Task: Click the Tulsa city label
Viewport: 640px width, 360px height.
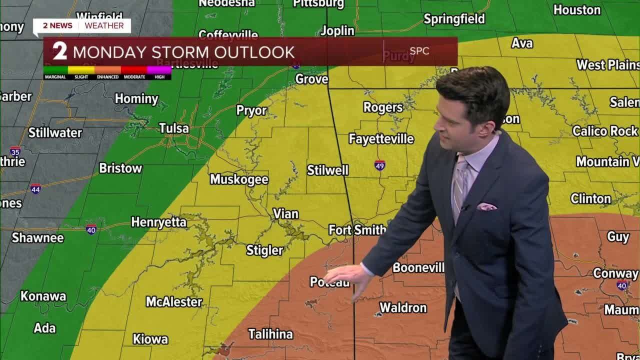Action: pyautogui.click(x=174, y=128)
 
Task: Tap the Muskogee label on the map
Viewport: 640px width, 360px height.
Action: pyautogui.click(x=239, y=179)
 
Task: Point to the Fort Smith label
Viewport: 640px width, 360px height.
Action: pyautogui.click(x=357, y=230)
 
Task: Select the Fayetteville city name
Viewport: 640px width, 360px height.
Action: pyautogui.click(x=381, y=139)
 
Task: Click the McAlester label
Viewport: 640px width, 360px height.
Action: pyautogui.click(x=174, y=302)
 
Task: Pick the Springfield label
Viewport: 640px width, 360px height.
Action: pyautogui.click(x=454, y=19)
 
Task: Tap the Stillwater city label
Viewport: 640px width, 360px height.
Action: pyautogui.click(x=55, y=133)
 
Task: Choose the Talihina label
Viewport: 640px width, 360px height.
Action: pyautogui.click(x=270, y=334)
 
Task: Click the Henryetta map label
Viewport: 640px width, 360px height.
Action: pyautogui.click(x=158, y=222)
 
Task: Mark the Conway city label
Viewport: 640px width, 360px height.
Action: pyautogui.click(x=615, y=273)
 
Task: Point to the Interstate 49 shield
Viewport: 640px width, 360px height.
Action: pyautogui.click(x=380, y=165)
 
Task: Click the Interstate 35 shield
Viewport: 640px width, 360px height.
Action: pyautogui.click(x=15, y=151)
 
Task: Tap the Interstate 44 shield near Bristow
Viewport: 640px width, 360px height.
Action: pyautogui.click(x=35, y=188)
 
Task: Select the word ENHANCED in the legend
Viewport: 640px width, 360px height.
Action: pyautogui.click(x=108, y=77)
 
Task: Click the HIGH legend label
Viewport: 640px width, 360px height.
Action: pyautogui.click(x=159, y=77)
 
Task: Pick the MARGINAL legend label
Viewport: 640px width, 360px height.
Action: pyautogui.click(x=55, y=77)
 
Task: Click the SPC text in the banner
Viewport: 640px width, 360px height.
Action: pyautogui.click(x=419, y=51)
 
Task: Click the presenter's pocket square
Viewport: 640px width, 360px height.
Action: pyautogui.click(x=486, y=206)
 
